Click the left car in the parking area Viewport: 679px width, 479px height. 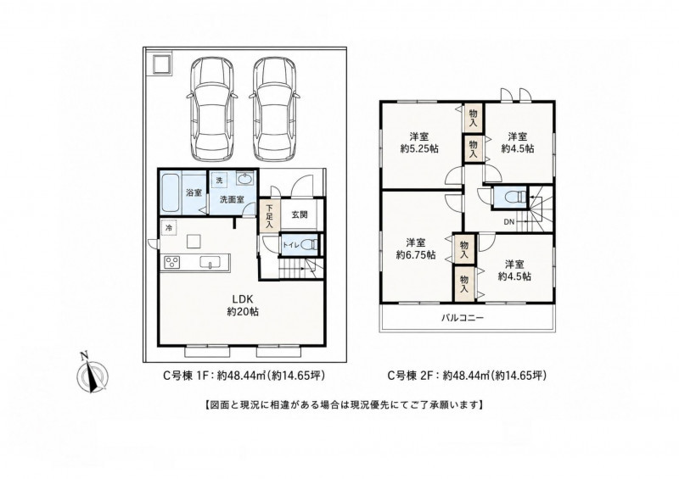coord(211,109)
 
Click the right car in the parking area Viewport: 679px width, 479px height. coord(274,109)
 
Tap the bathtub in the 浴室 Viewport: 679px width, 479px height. coord(171,192)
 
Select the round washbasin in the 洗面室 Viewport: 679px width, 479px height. coord(245,178)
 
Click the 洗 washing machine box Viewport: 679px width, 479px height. coord(219,181)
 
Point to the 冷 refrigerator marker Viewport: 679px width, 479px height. coord(168,227)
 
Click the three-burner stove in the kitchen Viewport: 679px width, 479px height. coord(172,262)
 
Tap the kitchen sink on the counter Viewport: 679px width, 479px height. coord(210,262)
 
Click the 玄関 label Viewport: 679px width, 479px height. coord(300,214)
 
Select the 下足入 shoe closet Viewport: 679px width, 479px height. coord(269,215)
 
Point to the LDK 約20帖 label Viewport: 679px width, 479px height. coord(243,304)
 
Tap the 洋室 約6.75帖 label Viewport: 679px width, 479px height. coord(416,248)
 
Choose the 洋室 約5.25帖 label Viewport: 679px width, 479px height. coord(418,142)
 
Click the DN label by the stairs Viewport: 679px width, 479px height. coord(508,222)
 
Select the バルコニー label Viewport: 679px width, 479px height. coord(463,318)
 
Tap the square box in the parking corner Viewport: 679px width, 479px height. coord(161,64)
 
